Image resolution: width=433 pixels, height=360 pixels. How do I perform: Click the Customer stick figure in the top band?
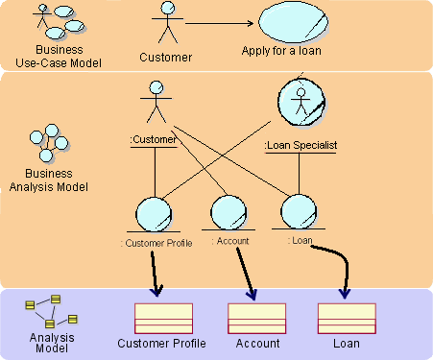point(168,24)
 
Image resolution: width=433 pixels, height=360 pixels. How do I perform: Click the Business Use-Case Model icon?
point(55,19)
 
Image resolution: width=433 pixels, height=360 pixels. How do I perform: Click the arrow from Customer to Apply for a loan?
point(219,23)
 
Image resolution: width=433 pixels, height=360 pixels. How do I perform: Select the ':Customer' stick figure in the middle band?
point(154,104)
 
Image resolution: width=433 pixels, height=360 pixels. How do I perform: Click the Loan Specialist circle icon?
point(300,100)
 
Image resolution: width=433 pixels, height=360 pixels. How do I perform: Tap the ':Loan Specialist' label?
point(300,146)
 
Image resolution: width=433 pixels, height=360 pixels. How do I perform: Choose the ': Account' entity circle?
point(229,212)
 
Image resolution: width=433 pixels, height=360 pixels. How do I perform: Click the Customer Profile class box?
point(163,318)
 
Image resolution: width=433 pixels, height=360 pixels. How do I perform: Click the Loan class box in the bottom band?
point(346,318)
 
